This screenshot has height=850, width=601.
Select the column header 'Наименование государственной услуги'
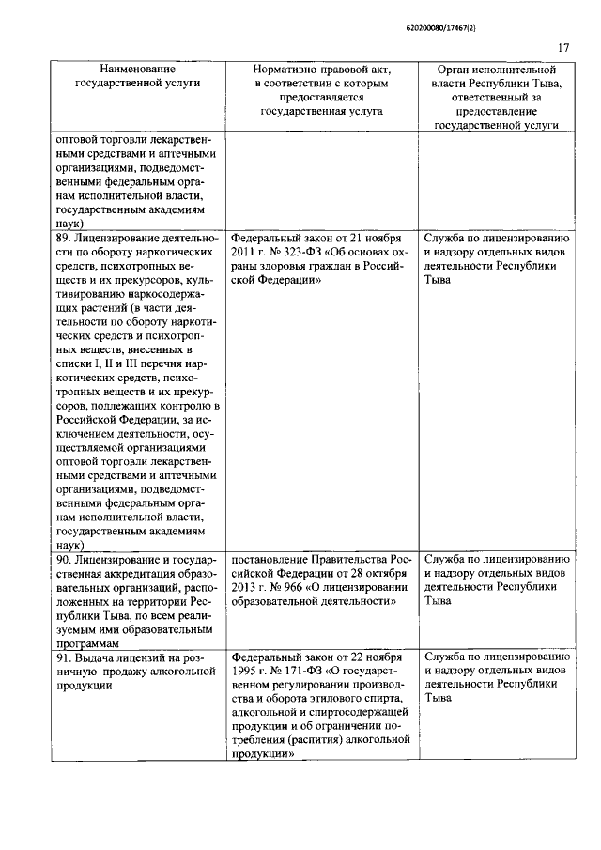tap(136, 76)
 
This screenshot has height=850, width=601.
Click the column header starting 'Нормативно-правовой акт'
tap(321, 89)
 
